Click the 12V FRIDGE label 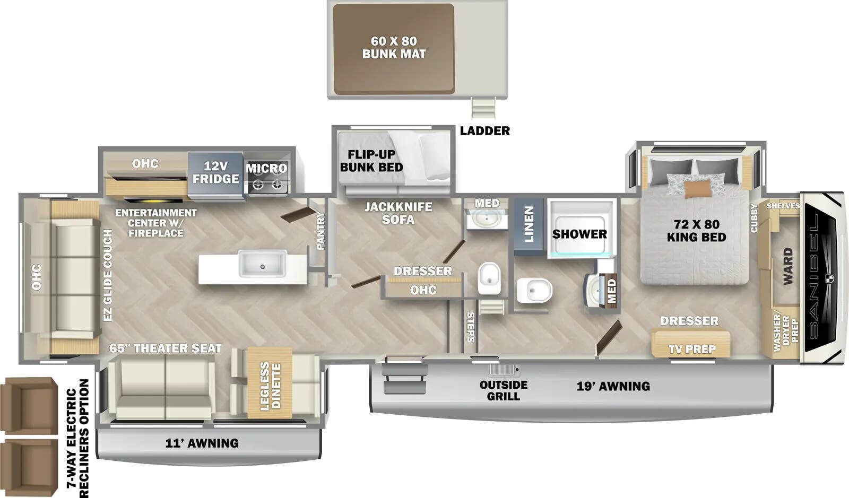coord(215,172)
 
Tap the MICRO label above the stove coord(266,169)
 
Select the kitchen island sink coord(262,264)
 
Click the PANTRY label coord(320,231)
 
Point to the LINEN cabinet coord(529,225)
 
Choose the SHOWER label coord(579,234)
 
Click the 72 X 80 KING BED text coord(696,231)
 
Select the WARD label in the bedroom coord(787,266)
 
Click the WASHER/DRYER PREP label coord(785,333)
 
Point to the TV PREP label coord(692,349)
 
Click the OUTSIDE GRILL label coord(503,390)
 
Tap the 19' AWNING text coord(613,386)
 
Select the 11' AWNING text coord(202,443)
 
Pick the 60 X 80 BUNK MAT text coord(394,47)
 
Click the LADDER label coord(484,130)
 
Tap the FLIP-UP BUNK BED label coord(371,160)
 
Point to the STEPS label coord(470,327)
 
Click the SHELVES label coord(783,206)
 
